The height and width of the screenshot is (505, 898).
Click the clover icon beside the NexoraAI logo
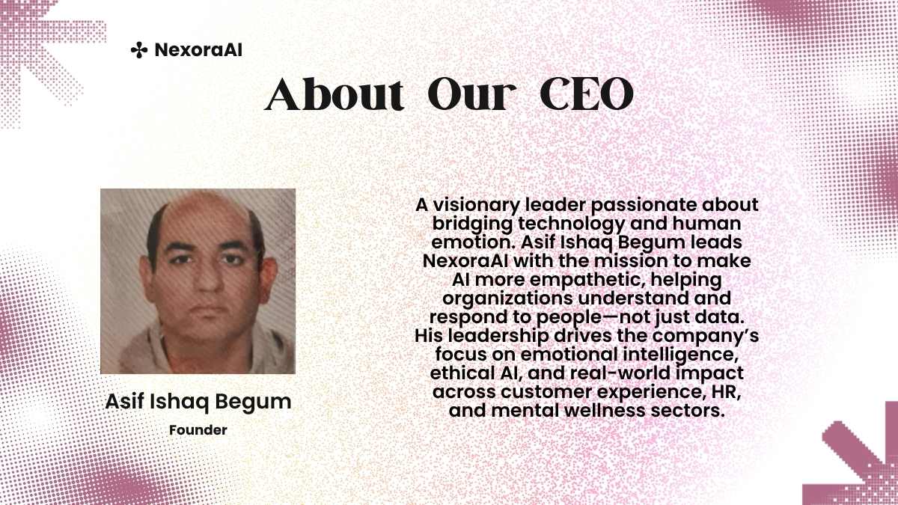pos(139,50)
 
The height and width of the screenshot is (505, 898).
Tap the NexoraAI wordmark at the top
pos(198,50)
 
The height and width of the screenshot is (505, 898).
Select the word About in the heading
pos(334,94)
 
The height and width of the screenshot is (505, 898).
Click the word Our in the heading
pos(472,95)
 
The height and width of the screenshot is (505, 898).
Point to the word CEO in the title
pos(587,94)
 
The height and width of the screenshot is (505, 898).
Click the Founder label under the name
pos(198,430)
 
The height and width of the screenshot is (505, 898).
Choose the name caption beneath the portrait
pos(198,402)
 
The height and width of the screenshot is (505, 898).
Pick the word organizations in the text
pos(507,299)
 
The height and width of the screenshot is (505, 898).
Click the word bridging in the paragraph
pos(472,224)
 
